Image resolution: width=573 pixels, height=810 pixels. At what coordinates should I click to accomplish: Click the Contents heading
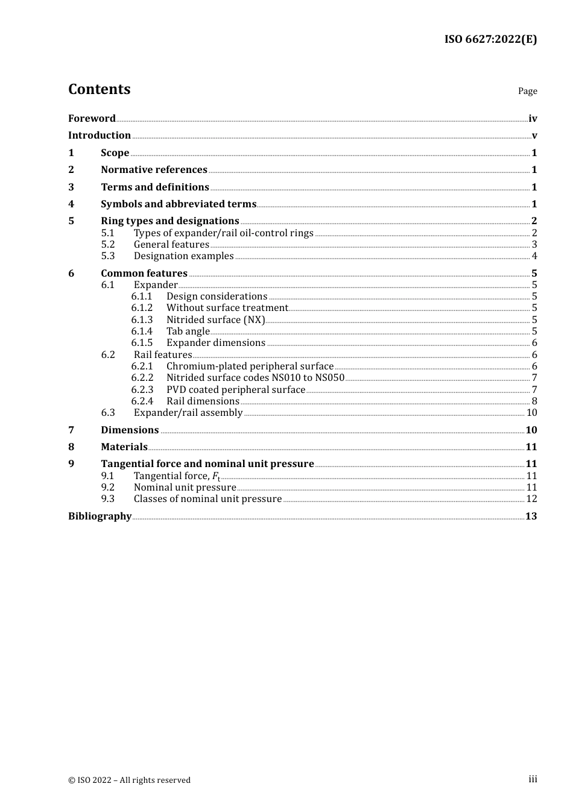tap(99, 89)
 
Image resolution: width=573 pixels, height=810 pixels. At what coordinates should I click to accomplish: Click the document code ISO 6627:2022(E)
tap(490, 40)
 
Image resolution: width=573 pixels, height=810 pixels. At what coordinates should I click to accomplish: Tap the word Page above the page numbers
tap(527, 91)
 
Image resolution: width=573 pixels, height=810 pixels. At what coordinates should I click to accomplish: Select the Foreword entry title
tap(92, 119)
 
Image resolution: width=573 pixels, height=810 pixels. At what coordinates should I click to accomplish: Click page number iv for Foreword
tap(533, 119)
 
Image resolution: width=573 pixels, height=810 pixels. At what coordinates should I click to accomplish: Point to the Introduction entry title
tap(100, 136)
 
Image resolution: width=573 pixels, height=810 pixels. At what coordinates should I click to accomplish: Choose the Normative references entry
tap(154, 170)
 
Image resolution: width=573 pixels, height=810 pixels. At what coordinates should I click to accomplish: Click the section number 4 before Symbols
tap(71, 204)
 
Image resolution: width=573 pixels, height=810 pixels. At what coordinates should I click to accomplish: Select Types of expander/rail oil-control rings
tap(223, 233)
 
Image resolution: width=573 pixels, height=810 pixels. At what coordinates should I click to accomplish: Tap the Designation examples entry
tap(183, 256)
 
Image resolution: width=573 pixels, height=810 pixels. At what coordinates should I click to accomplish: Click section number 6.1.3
tap(142, 320)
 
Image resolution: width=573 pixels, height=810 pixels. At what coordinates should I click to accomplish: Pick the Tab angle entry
tap(188, 331)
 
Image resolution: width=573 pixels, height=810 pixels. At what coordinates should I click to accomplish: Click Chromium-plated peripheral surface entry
tap(250, 366)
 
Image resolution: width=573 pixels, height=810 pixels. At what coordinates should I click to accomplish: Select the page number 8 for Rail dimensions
tap(534, 401)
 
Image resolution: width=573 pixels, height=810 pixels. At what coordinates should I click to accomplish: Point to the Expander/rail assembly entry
tap(188, 413)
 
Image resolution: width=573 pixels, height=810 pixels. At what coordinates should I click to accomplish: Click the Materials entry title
tap(124, 447)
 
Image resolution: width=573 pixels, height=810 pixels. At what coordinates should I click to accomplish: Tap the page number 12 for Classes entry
tap(531, 499)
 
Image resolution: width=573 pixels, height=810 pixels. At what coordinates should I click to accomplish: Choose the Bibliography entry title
tap(100, 516)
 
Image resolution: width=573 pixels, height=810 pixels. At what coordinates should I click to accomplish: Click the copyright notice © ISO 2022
tap(129, 780)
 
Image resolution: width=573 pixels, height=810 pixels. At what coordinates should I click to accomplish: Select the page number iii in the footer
tap(533, 779)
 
